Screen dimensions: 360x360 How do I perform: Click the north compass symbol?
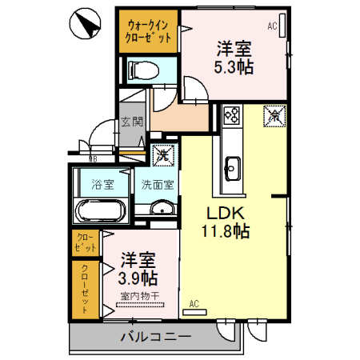click(x=87, y=26)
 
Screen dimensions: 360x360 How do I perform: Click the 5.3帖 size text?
click(x=233, y=67)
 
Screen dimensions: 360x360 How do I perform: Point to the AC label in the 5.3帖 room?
click(x=272, y=26)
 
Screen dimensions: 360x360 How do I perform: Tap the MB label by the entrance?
click(x=82, y=158)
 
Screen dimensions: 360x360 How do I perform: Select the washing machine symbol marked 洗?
click(x=163, y=153)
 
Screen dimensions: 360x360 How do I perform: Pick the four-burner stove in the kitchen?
click(x=232, y=116)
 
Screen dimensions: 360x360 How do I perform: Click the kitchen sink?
click(x=232, y=167)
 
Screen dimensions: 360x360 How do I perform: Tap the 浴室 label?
click(x=104, y=184)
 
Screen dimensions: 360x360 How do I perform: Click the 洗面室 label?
click(x=155, y=184)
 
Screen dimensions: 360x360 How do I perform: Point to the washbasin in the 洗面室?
click(x=161, y=210)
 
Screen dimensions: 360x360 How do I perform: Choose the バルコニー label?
click(x=155, y=337)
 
